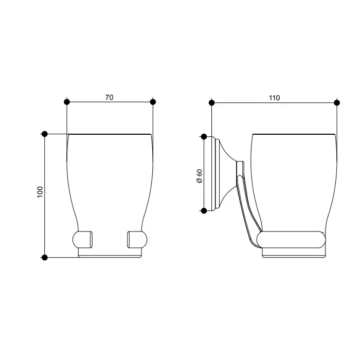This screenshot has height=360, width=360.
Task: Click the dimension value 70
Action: (x=109, y=97)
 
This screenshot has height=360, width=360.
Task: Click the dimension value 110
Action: (x=274, y=98)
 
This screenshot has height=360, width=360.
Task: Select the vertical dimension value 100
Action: (x=40, y=192)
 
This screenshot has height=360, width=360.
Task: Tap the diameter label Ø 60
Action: (x=200, y=176)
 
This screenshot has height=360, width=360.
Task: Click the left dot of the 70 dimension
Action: (x=66, y=102)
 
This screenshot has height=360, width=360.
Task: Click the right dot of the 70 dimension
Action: (x=153, y=102)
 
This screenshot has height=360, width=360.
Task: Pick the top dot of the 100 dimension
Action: (x=45, y=134)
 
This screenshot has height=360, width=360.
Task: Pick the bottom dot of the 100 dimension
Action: (x=45, y=257)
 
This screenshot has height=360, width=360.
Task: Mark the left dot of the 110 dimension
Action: (x=212, y=103)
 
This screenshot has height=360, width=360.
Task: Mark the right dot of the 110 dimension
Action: (x=337, y=103)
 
